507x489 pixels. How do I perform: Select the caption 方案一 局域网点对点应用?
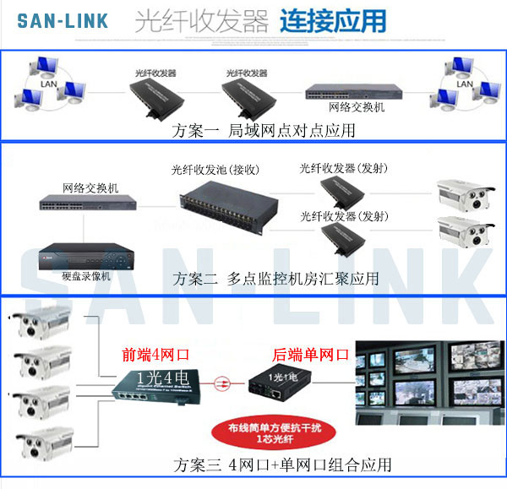(x=263, y=130)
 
